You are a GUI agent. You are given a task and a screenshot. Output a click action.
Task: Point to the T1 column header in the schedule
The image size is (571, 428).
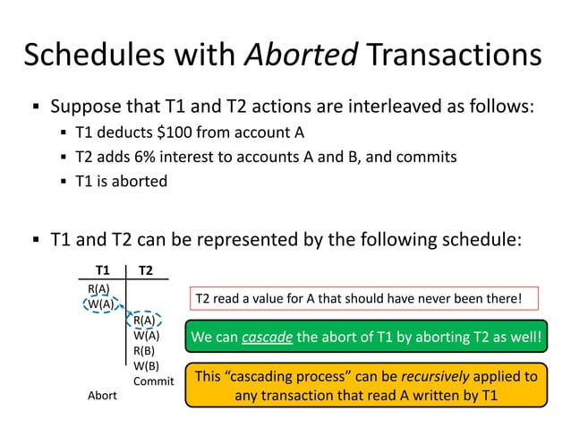coord(103,270)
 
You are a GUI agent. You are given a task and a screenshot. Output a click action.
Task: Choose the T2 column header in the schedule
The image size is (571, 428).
coord(146,270)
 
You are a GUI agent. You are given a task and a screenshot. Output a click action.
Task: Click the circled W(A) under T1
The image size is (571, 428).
coord(100,303)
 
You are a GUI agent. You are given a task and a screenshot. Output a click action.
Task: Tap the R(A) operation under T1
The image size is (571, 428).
coord(98,288)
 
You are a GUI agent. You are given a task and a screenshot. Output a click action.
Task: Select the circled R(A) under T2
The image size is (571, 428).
coord(144,320)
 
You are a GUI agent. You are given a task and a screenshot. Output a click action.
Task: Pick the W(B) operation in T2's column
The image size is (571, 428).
coord(145,365)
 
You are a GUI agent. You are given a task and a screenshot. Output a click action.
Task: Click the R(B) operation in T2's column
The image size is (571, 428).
coord(144,350)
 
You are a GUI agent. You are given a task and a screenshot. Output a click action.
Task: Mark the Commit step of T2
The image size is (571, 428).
coord(153,381)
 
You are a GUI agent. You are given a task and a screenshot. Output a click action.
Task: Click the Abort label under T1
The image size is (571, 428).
coord(101,395)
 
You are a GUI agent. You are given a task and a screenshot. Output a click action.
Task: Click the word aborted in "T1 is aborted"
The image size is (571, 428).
coord(142,180)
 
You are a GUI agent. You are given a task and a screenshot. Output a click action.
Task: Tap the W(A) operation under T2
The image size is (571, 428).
coord(146,335)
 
